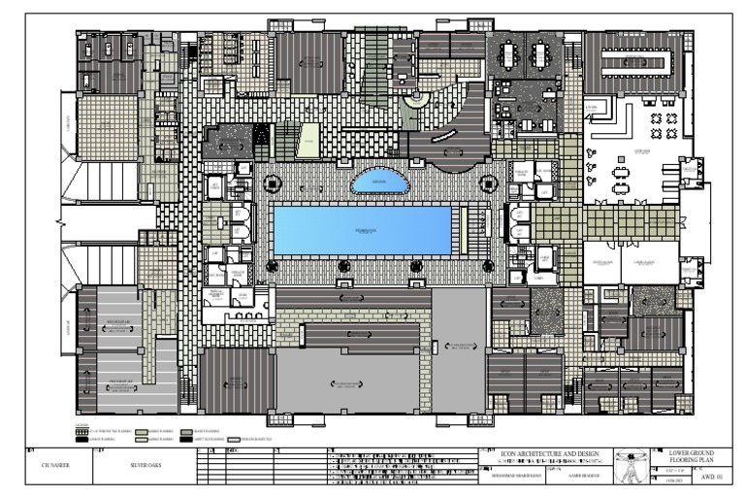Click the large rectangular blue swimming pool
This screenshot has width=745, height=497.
point(361,228)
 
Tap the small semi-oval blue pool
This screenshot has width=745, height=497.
point(379,182)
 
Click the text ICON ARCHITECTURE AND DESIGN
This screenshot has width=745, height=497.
point(544,453)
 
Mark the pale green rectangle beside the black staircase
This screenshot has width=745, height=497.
point(308,140)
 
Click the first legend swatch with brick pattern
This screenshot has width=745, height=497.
point(82,428)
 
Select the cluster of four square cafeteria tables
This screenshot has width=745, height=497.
point(664,123)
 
